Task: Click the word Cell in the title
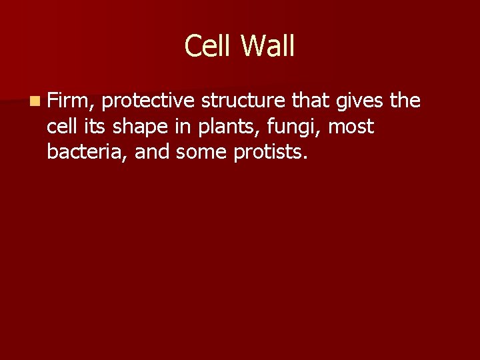click(x=209, y=46)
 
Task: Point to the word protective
click(x=149, y=101)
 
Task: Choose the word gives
click(x=361, y=101)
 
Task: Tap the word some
click(x=203, y=152)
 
